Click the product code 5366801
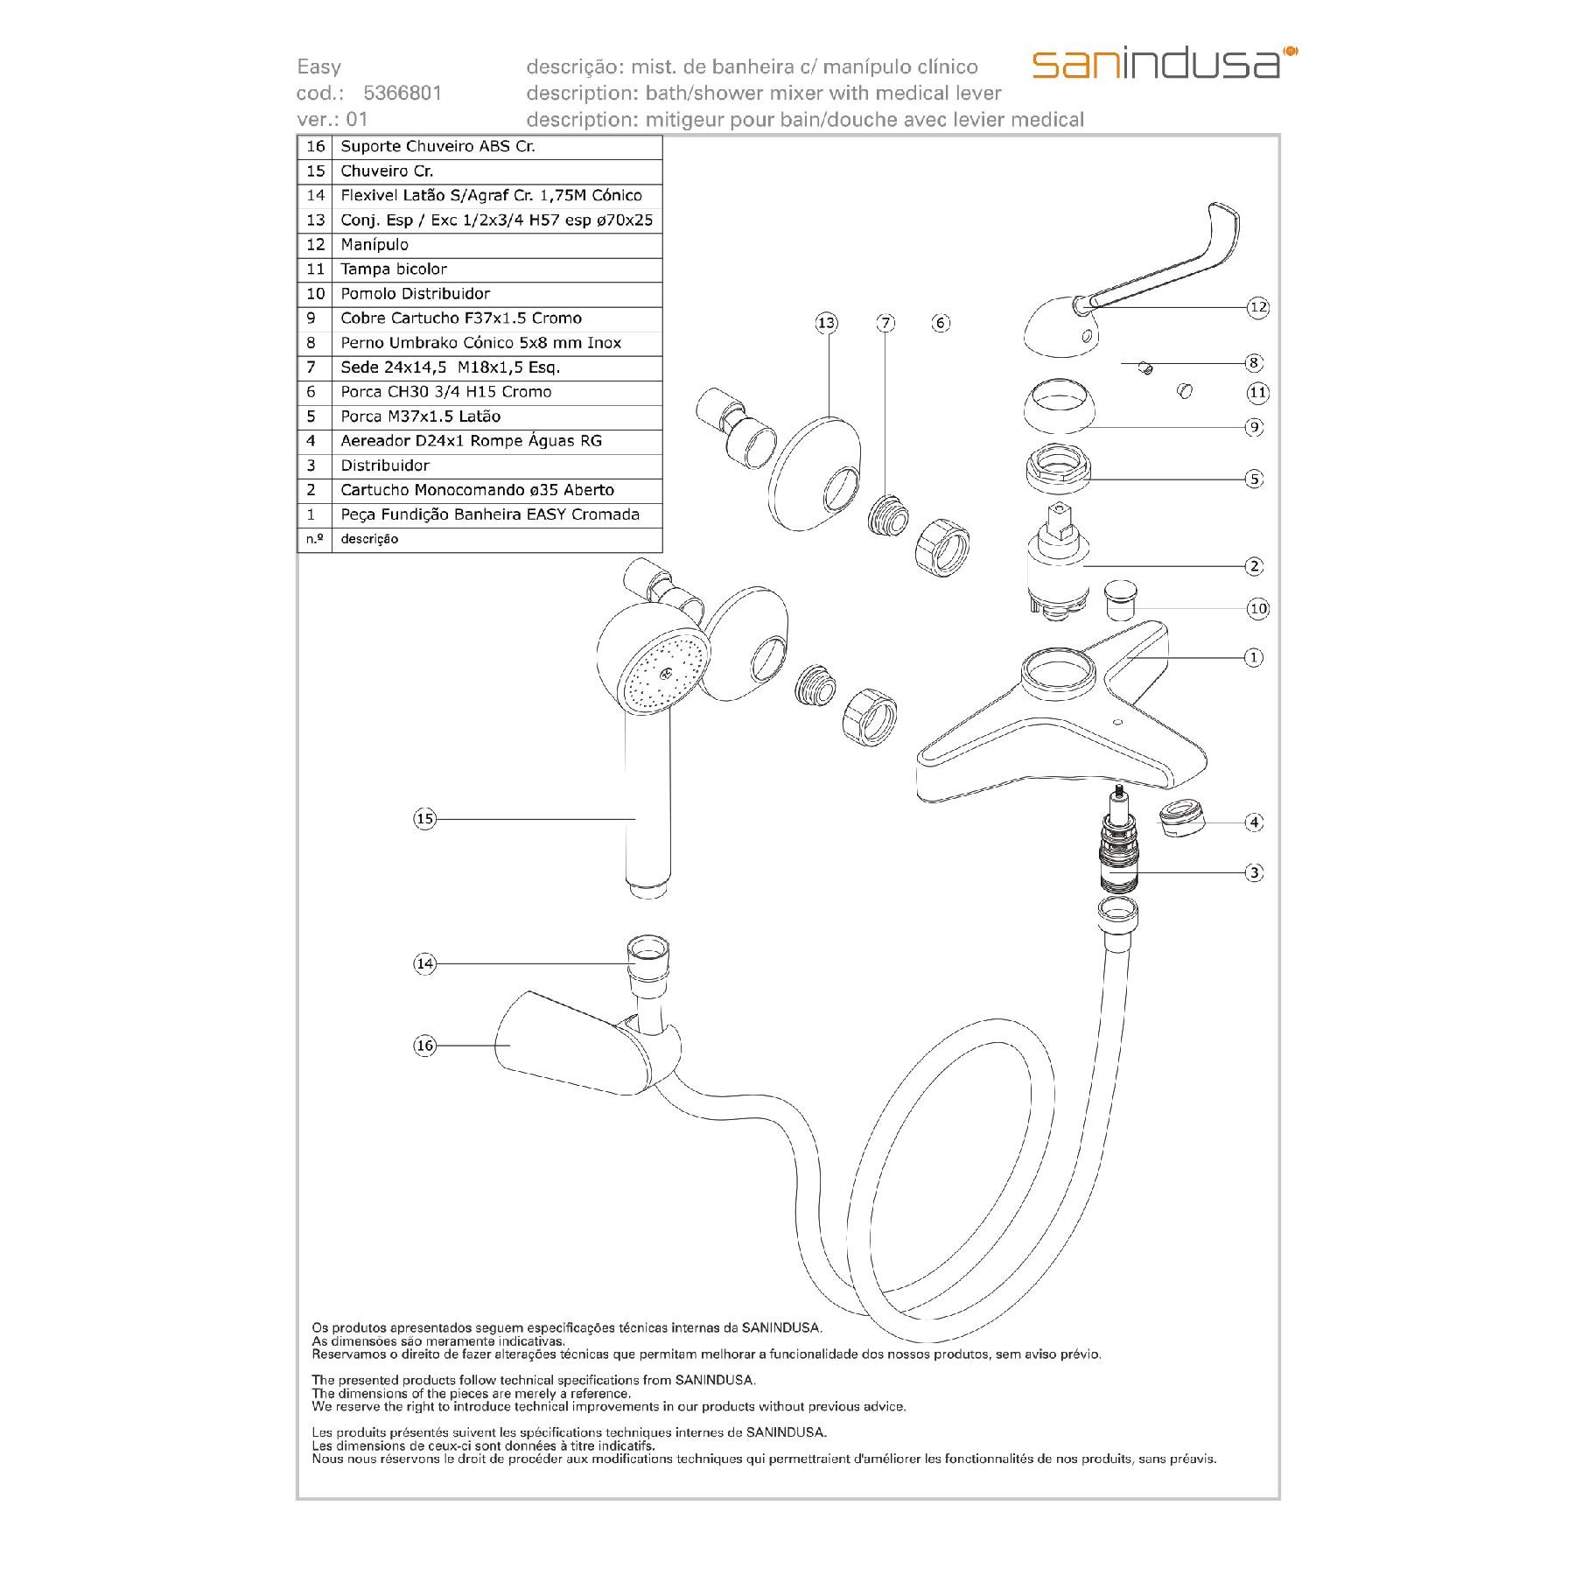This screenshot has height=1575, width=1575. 402,93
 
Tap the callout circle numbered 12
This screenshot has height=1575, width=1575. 1257,307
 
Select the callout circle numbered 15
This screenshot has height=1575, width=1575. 424,819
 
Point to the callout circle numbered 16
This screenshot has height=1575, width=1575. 424,1045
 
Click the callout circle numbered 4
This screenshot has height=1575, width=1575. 1254,822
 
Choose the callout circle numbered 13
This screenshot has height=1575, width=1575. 826,323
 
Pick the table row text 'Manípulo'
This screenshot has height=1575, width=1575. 374,245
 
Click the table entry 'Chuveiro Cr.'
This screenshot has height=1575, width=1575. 387,171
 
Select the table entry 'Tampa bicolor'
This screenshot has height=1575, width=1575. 394,269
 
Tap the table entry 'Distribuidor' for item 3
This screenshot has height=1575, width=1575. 385,465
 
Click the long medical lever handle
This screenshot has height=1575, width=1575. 1164,262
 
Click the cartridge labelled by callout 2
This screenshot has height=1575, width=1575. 1057,564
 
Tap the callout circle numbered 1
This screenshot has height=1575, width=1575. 1254,657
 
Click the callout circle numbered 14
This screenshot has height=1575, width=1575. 424,963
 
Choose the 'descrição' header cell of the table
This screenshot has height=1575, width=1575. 369,539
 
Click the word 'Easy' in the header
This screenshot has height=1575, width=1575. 319,67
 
